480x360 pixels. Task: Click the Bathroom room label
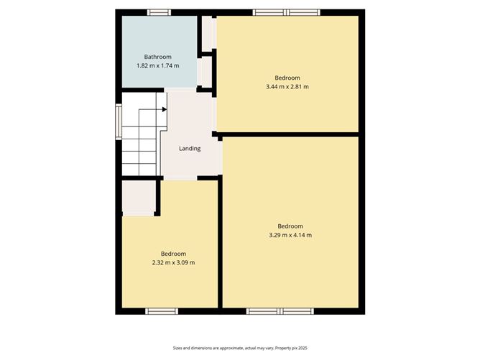coord(157,56)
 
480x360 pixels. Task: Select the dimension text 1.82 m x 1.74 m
coord(157,65)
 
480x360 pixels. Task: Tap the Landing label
coord(190,149)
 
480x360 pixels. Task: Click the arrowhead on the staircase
coord(164,109)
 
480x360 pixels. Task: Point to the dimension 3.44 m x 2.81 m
coord(287,87)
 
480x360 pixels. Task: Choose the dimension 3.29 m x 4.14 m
coord(290,235)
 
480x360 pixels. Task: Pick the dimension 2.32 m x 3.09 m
coord(173,262)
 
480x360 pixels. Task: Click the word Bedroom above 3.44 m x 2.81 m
coord(287,78)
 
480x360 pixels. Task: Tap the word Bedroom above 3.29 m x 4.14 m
coord(290,226)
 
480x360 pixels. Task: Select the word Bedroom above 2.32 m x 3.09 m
coord(173,254)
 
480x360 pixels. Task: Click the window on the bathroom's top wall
coord(159,12)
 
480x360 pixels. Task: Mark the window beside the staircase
coord(119,120)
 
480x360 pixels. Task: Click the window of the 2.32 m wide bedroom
coord(162,311)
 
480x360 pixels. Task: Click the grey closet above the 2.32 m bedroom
coord(138,198)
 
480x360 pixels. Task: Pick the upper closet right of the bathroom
coord(207,33)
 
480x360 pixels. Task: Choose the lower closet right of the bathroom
coord(206,71)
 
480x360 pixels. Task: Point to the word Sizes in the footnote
coord(178,347)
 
